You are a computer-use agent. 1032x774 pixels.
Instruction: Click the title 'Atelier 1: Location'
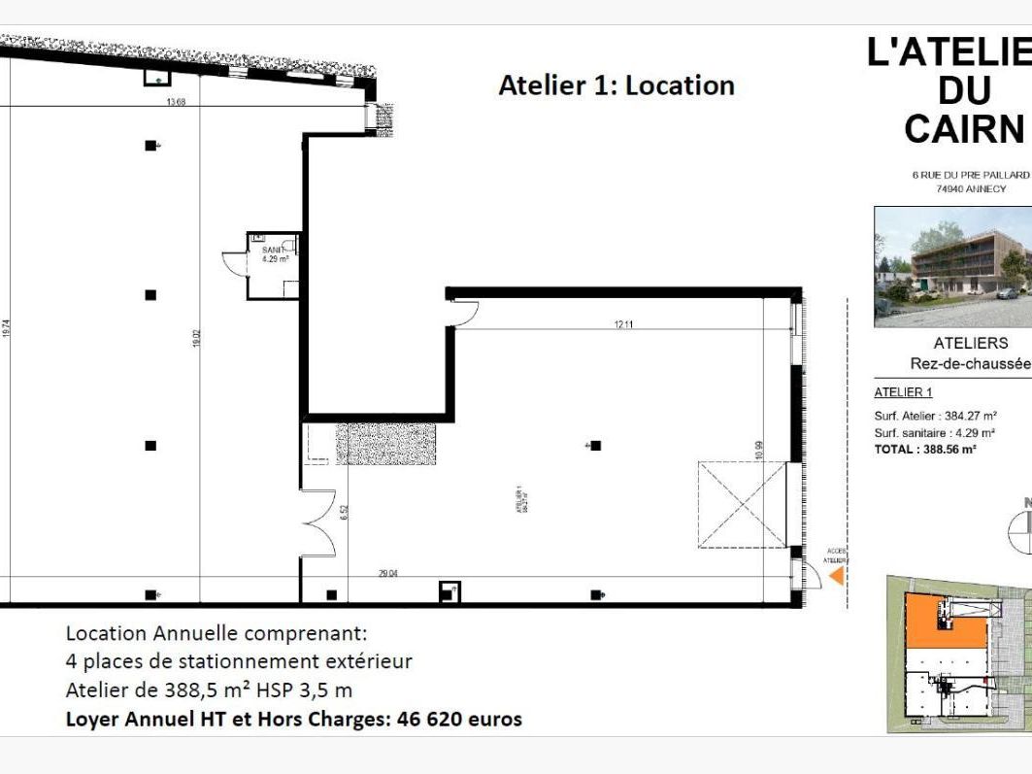(x=616, y=85)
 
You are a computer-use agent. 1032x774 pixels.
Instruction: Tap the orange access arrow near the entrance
(x=835, y=577)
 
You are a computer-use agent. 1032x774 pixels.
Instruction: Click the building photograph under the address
(x=951, y=266)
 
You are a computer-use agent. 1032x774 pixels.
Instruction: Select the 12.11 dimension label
(x=623, y=324)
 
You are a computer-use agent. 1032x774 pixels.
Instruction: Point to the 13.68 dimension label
(x=176, y=102)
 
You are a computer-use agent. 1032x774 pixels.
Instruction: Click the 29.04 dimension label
(x=387, y=574)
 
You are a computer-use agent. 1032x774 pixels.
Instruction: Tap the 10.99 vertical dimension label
(x=759, y=451)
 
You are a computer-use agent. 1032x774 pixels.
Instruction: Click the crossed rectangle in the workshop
(x=741, y=505)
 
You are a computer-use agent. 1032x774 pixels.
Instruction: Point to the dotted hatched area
(x=385, y=443)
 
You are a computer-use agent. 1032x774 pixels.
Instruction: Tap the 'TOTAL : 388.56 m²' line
(x=925, y=449)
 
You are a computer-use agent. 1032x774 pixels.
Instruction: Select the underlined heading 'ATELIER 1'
(x=903, y=392)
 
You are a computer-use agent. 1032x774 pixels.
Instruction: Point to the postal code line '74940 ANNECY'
(x=970, y=188)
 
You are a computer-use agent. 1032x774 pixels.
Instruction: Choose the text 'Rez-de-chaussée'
(x=970, y=362)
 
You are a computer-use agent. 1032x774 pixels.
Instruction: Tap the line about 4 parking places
(x=239, y=661)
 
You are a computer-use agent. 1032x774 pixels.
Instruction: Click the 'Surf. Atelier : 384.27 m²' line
(x=935, y=416)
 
